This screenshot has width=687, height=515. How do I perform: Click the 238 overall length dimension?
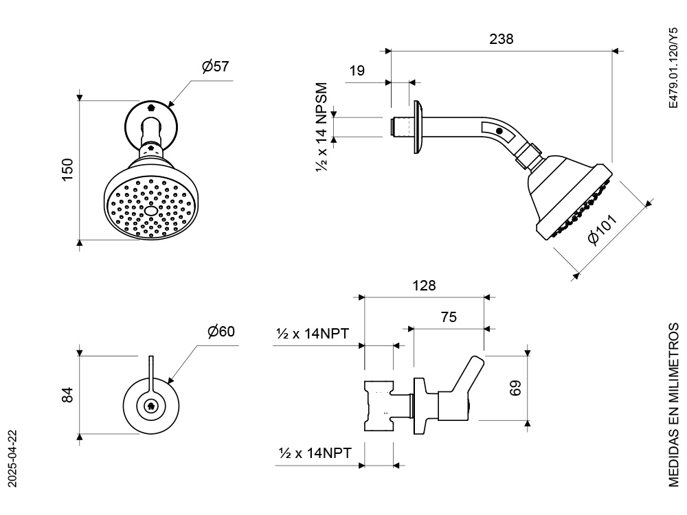coord(502,38)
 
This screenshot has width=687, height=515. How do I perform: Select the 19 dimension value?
coord(357,70)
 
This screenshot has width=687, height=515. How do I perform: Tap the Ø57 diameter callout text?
coord(215,67)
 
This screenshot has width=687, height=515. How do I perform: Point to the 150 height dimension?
coord(67,170)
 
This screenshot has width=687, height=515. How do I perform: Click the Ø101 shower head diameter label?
coord(603,229)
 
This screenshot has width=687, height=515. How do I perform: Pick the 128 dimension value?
coord(424,285)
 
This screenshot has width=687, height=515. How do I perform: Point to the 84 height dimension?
coord(67,394)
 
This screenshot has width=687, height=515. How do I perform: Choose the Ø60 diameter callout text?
coord(221,331)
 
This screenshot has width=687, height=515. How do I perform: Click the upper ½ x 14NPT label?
coord(313,334)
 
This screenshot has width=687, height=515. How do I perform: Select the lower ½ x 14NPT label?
coord(315,453)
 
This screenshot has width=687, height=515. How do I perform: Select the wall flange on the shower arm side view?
coord(417,128)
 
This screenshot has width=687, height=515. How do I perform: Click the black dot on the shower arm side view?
coord(499,130)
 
